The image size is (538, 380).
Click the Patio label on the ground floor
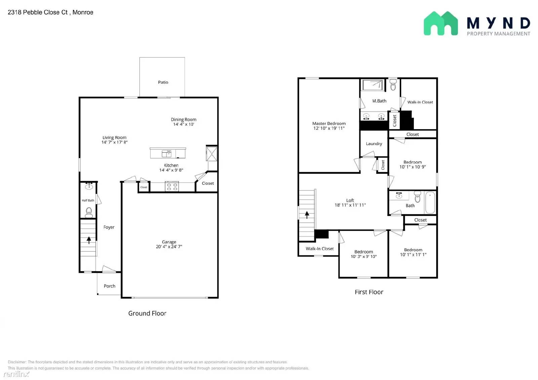[x=163, y=82]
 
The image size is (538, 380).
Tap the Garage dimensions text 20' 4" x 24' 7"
[x=169, y=247]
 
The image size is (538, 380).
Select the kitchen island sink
[x=166, y=154]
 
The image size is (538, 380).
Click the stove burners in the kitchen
[x=172, y=187]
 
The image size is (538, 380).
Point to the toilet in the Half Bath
[x=89, y=212]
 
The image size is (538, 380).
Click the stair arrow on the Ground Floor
[x=89, y=240]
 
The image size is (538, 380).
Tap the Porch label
[x=110, y=286]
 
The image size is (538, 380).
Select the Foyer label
[x=109, y=227]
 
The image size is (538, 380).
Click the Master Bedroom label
[x=329, y=123]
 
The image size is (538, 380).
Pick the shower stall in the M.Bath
[x=373, y=85]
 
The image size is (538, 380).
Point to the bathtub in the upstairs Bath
[x=430, y=203]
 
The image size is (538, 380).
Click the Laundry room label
[x=374, y=144]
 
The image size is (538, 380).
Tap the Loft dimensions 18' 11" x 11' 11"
[x=350, y=205]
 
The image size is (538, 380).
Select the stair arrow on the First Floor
[x=307, y=215]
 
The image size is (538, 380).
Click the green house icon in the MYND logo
[x=441, y=23]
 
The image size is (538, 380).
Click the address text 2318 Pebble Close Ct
[x=38, y=12]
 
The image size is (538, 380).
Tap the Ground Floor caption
[x=147, y=313]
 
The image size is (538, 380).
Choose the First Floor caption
[x=369, y=292]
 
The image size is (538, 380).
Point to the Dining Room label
[x=184, y=120]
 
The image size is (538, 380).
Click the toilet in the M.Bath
[x=393, y=85]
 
